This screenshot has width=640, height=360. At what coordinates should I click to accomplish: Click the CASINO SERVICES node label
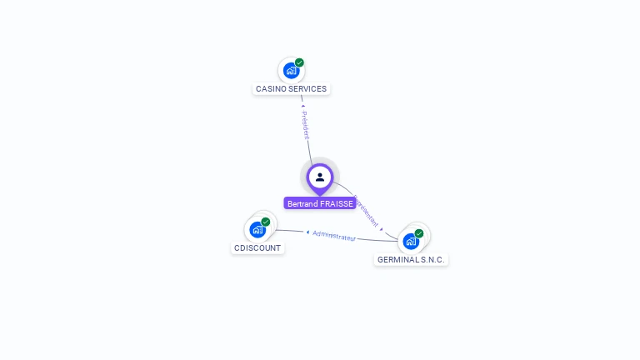tap(291, 89)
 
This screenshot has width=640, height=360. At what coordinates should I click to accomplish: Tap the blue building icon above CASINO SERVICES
tap(291, 70)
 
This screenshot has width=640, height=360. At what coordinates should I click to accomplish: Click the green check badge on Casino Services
tap(299, 62)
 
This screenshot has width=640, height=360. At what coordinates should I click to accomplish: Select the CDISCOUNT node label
tap(257, 248)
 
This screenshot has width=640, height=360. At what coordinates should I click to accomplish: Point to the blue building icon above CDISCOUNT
tap(257, 229)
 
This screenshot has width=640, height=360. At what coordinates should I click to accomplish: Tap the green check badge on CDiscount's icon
tap(266, 222)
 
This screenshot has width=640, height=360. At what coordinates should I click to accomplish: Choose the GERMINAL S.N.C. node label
tap(411, 260)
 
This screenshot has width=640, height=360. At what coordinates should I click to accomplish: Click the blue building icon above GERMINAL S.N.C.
tap(411, 241)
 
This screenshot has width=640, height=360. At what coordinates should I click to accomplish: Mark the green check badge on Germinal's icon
tap(419, 233)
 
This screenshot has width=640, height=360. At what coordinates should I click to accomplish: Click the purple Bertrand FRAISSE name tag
tap(320, 203)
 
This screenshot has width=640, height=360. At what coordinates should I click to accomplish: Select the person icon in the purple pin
tap(320, 177)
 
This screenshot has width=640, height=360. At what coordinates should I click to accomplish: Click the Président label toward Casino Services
tap(306, 125)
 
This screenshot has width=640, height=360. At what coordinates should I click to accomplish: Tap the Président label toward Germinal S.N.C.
tap(366, 212)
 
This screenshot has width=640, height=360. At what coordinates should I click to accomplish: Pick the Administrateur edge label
tap(334, 236)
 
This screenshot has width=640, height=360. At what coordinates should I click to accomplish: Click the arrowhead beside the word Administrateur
tap(307, 232)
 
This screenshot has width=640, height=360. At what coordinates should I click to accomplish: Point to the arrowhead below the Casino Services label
tap(302, 106)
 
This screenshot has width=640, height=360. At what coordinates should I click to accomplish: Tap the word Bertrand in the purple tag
tap(302, 203)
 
